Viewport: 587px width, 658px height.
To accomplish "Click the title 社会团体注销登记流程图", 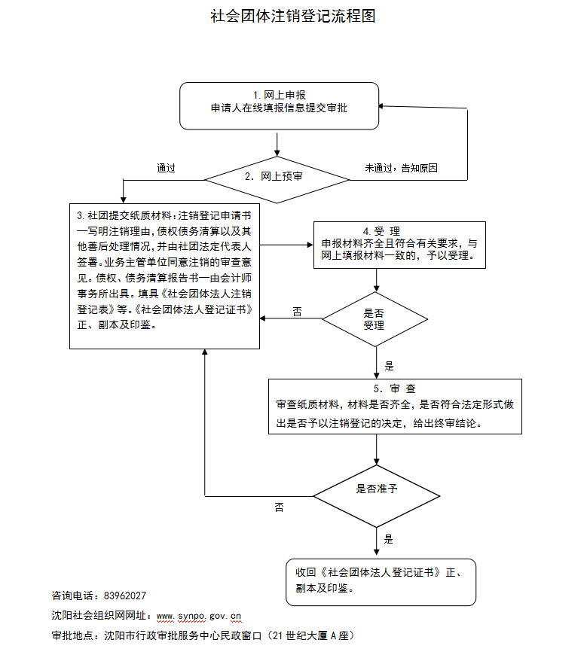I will click(293, 16).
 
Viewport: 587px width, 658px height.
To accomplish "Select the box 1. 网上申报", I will click(278, 105).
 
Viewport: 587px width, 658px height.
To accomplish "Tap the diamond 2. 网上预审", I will click(279, 179).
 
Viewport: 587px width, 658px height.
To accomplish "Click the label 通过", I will click(166, 168).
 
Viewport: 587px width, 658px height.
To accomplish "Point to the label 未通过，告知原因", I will click(401, 168).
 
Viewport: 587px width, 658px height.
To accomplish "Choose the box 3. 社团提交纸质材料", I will click(165, 276).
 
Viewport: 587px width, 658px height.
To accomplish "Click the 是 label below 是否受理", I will click(389, 366).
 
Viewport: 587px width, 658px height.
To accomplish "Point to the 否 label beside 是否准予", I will click(280, 508).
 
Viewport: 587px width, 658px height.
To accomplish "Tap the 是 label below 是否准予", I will click(389, 539).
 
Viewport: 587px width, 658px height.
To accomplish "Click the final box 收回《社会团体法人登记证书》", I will click(381, 581).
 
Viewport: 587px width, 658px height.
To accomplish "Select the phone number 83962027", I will click(124, 596).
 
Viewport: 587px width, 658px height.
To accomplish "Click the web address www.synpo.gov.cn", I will click(198, 615).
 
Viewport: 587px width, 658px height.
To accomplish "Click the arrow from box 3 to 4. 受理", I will click(287, 245).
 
